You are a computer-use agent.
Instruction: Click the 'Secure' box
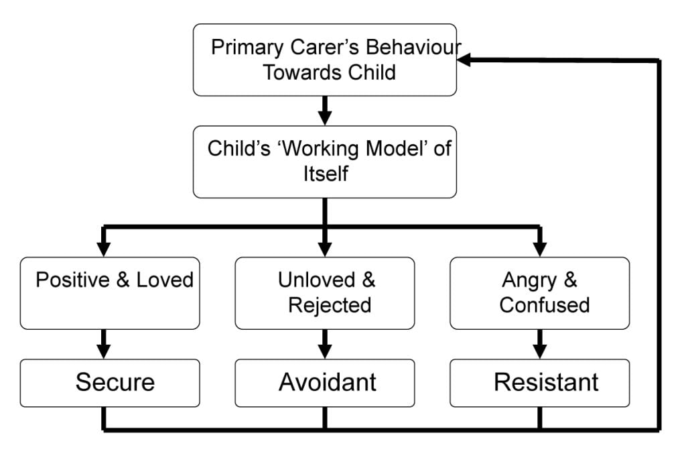(x=110, y=383)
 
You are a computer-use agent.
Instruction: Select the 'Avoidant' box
(x=325, y=383)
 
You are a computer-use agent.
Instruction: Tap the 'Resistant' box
(x=539, y=383)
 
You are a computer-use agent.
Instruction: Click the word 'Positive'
(x=73, y=280)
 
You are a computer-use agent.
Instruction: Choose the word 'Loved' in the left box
(x=165, y=280)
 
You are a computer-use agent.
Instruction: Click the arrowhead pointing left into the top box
(x=464, y=60)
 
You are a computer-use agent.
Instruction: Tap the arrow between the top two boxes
(x=325, y=111)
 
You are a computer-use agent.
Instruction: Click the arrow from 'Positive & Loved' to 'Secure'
(x=103, y=344)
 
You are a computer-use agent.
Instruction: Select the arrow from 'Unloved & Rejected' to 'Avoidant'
(x=325, y=344)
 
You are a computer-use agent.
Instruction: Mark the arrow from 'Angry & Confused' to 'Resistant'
(x=539, y=344)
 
